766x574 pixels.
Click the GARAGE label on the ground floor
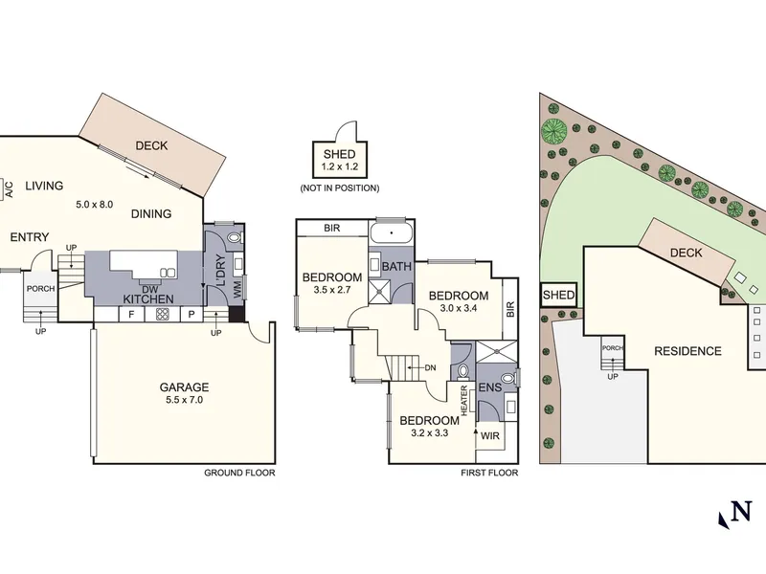[184, 387]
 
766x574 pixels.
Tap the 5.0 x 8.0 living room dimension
[94, 204]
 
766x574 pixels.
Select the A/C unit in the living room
[7, 188]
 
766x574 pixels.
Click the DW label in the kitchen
[149, 290]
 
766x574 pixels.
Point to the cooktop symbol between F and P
[163, 315]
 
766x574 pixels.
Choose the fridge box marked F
[131, 315]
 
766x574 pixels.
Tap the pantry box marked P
[191, 315]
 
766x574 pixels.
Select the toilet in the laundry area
[235, 238]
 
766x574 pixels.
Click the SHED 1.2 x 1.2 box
[340, 160]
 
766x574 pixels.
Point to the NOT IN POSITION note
[340, 188]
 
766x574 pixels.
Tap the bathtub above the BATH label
[392, 232]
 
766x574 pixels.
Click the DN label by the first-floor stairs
[430, 368]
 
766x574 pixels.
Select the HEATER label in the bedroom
[464, 401]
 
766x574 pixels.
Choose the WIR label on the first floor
[490, 435]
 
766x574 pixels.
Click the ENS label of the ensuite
[490, 387]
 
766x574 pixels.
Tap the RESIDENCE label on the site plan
[687, 351]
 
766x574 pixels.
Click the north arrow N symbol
[734, 515]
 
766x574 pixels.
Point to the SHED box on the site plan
[558, 295]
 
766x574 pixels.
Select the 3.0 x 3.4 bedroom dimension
[459, 308]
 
